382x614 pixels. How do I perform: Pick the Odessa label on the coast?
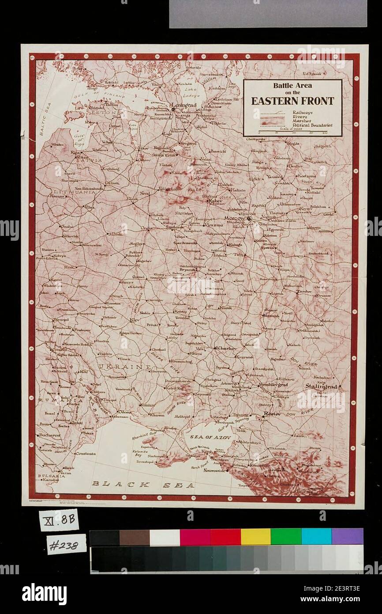tap(125, 412)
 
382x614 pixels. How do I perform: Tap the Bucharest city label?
tap(49, 435)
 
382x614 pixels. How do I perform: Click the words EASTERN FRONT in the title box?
tap(292, 101)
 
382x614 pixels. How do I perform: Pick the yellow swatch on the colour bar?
tap(255, 537)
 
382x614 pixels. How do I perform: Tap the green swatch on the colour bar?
tap(286, 537)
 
